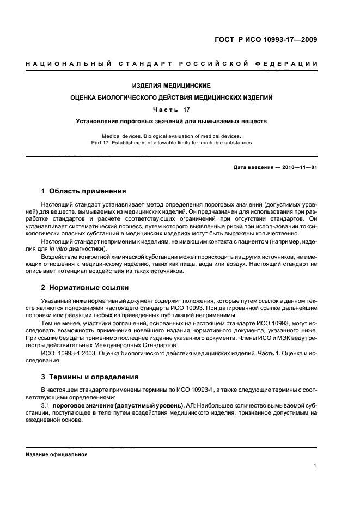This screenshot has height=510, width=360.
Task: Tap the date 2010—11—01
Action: (x=298, y=167)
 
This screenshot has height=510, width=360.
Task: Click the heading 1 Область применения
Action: (x=84, y=191)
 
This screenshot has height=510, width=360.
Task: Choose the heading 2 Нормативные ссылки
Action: (x=85, y=287)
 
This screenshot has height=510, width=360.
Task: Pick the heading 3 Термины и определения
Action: (x=89, y=377)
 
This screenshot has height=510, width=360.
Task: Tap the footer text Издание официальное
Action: (x=57, y=454)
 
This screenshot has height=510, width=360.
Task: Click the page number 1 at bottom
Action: (x=315, y=466)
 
